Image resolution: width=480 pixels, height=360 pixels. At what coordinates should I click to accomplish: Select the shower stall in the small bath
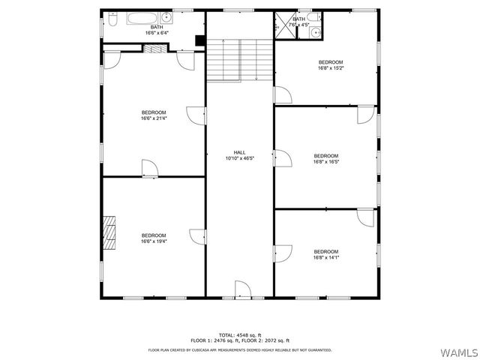(283, 23)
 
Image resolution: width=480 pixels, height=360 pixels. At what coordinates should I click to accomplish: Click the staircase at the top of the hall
(239, 59)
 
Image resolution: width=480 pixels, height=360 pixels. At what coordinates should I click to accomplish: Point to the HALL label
(239, 152)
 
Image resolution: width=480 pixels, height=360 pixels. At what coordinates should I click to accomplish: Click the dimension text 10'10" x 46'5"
(239, 158)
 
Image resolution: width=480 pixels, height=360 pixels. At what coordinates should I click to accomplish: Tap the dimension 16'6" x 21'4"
(153, 118)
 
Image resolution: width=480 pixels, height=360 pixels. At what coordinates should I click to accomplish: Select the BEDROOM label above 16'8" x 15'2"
(331, 61)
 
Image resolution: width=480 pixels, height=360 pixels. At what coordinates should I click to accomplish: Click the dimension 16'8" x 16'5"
(325, 162)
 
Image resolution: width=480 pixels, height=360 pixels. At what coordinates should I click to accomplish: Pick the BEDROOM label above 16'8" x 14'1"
(325, 251)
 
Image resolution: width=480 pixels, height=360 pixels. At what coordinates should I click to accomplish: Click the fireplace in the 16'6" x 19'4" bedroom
(111, 232)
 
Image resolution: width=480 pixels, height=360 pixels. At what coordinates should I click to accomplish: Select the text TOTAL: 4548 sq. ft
(239, 334)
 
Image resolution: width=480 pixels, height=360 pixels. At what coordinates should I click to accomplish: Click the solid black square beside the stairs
(199, 40)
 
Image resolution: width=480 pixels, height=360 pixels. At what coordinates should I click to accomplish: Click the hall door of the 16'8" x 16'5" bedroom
(282, 158)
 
